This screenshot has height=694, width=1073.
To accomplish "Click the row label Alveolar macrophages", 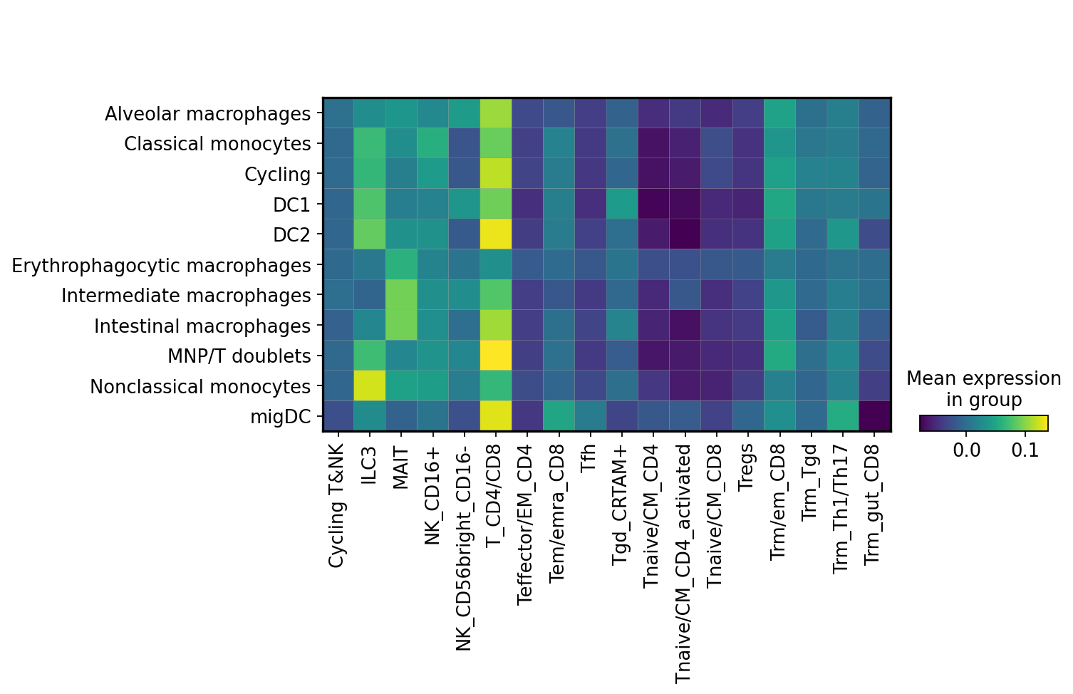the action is (x=207, y=114).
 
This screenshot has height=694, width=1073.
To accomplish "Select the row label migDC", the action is (x=280, y=417).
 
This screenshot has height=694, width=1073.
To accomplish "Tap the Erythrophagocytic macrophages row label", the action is (x=162, y=265).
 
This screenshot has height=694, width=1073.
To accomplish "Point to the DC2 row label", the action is (x=291, y=235).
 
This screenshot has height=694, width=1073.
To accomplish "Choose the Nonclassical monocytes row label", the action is (x=200, y=387).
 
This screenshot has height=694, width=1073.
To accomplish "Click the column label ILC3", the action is (x=369, y=465).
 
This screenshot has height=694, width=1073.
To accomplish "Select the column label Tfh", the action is (x=589, y=457).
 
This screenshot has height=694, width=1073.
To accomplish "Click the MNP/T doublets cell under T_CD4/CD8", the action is (x=496, y=356).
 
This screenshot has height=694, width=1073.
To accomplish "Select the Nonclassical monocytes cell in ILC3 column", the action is (x=369, y=386).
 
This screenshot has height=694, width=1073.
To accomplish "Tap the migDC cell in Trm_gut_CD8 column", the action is (x=875, y=416).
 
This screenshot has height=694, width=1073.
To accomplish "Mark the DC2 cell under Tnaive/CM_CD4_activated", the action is (x=685, y=234).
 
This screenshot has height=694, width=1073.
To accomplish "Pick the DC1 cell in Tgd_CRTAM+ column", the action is (x=622, y=204).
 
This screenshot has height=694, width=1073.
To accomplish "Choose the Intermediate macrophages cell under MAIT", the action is (x=401, y=295).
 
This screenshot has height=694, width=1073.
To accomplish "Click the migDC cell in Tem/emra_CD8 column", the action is (x=559, y=416).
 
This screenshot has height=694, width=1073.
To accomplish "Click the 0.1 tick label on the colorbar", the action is (x=1025, y=451).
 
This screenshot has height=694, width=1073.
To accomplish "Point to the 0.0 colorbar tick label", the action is (x=966, y=451).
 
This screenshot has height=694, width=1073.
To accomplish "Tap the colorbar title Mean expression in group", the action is (x=983, y=389).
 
